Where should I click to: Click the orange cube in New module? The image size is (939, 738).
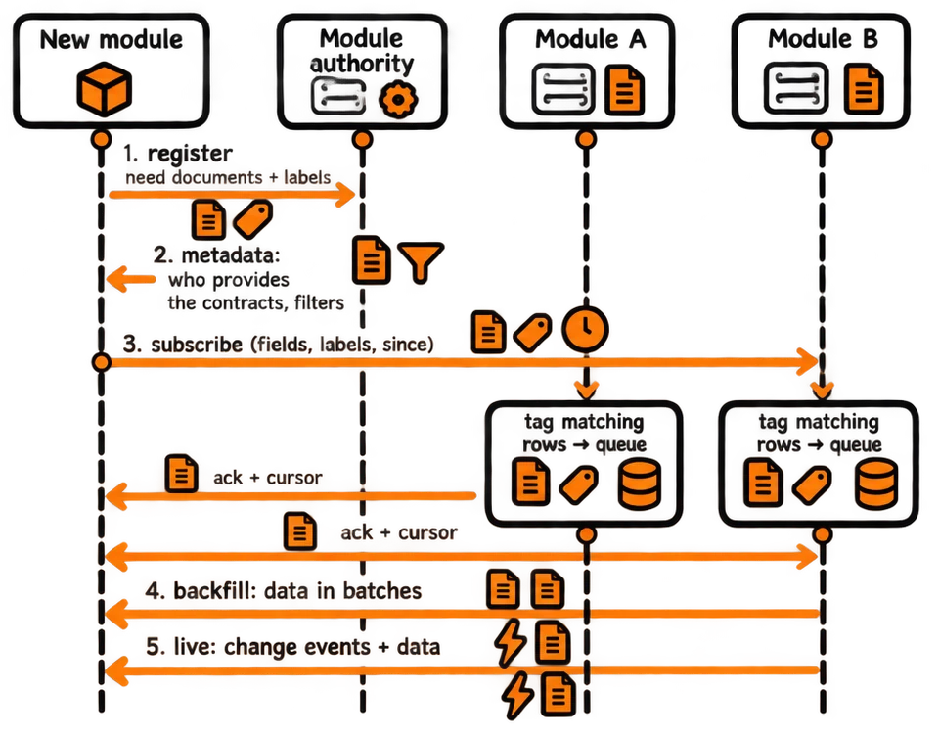[105, 89]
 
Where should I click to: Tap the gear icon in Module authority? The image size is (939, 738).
[398, 98]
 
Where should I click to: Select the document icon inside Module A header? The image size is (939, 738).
[625, 90]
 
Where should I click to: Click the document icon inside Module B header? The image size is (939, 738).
[863, 89]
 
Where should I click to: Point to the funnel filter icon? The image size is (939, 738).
[421, 261]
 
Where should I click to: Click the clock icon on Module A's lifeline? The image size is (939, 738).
[585, 330]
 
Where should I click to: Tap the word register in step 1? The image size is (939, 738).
[190, 154]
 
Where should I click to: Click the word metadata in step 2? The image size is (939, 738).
[231, 255]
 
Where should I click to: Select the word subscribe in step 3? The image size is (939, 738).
[197, 345]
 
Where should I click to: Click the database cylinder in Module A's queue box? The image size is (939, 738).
[639, 484]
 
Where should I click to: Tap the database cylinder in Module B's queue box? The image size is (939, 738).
[875, 484]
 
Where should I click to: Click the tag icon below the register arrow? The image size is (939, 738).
[252, 219]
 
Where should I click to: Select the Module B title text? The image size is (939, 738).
[823, 39]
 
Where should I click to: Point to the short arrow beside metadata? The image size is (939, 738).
[130, 279]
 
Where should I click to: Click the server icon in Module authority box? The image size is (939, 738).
[338, 96]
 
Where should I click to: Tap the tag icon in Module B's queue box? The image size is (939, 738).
[812, 485]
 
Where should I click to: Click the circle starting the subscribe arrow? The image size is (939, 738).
[101, 362]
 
